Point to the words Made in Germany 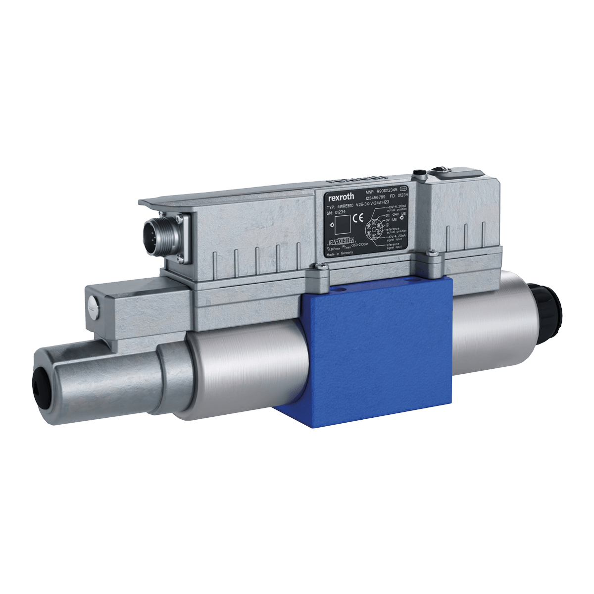point(340,253)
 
